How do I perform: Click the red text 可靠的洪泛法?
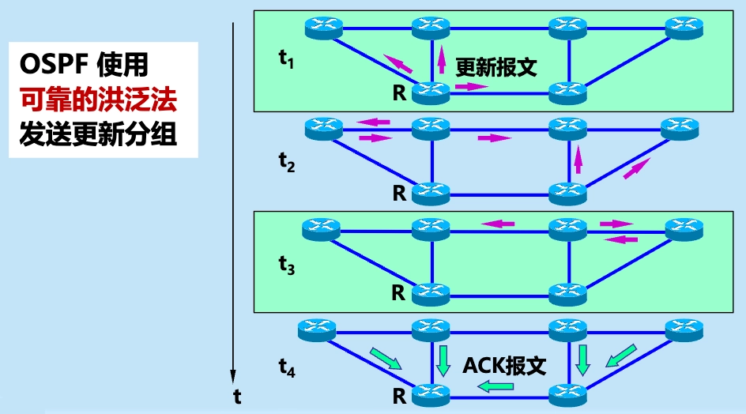coord(98,99)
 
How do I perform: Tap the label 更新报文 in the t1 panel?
coord(496,67)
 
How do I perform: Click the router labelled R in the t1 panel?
coord(431,93)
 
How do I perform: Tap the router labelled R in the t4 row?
coord(431,392)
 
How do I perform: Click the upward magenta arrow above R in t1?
coord(440,59)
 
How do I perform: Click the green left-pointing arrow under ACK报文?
coord(495,386)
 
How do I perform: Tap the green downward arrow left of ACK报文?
coord(443,360)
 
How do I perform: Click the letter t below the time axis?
coord(236,397)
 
